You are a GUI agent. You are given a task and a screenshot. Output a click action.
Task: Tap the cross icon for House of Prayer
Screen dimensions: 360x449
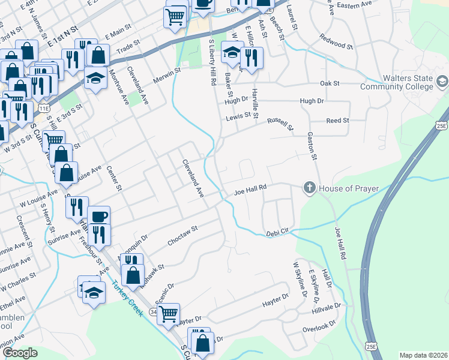pos(310,188)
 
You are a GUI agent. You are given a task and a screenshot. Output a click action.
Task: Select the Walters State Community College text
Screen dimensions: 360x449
pos(396,83)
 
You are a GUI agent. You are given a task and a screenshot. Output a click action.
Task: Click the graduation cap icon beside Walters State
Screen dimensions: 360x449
pos(442,81)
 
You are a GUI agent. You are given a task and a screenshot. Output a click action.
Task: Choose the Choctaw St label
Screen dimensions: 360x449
pos(182,232)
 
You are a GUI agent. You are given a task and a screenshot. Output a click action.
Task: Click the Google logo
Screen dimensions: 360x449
pos(20,353)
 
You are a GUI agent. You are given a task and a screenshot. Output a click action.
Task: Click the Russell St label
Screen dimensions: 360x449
pos(280,124)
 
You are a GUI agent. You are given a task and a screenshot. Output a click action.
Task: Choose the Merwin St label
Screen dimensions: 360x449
pos(167,72)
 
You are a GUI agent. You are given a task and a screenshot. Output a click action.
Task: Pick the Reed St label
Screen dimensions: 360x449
pos(337,121)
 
